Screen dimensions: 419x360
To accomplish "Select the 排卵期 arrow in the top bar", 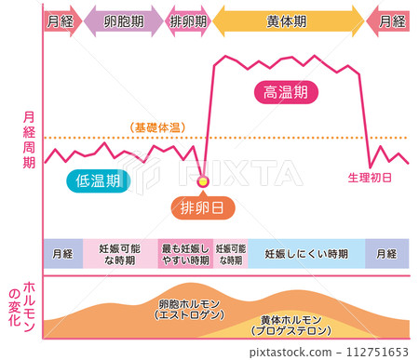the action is point(189,20).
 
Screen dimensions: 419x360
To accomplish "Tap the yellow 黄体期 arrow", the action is point(289,20).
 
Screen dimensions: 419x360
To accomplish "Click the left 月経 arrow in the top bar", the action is point(61,20).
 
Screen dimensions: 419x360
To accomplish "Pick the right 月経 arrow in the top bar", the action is point(388,20).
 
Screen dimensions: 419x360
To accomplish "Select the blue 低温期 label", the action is point(96,181).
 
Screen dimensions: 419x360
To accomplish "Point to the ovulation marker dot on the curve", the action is point(204,180).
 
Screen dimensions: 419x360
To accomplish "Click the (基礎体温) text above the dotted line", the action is point(155,127).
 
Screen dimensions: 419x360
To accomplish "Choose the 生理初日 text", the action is point(370,177).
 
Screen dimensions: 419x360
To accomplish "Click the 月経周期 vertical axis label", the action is point(28,140).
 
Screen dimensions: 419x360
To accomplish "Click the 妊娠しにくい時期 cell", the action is point(306,254).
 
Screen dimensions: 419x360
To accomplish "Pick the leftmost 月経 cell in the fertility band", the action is point(63,254).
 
